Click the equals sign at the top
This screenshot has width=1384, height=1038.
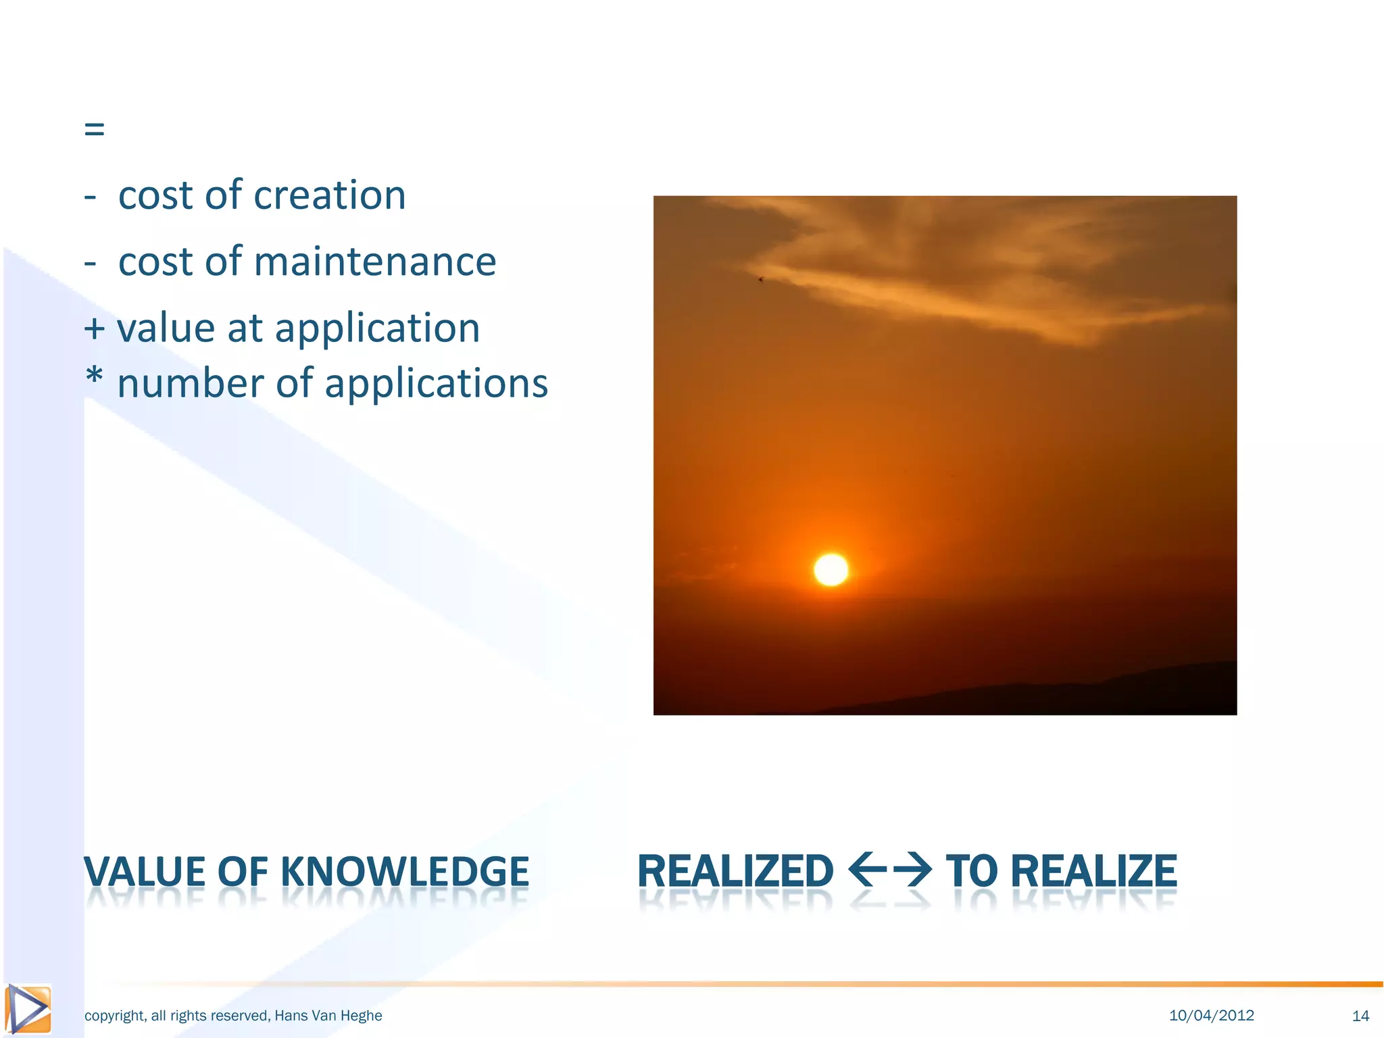click(95, 128)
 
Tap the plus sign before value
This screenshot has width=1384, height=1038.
click(95, 329)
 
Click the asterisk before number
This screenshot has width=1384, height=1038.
click(95, 377)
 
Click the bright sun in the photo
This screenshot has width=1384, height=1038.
click(831, 569)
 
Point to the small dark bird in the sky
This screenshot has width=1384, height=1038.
click(761, 279)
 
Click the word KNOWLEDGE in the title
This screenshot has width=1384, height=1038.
click(404, 872)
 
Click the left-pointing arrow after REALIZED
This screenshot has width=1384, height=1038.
click(866, 870)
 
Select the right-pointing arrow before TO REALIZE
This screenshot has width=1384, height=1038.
click(912, 870)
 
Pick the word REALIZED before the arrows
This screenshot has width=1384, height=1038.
click(735, 872)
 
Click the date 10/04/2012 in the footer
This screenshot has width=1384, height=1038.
click(1211, 1015)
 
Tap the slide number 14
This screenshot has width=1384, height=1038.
click(1360, 1016)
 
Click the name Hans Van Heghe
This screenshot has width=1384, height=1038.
click(328, 1016)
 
